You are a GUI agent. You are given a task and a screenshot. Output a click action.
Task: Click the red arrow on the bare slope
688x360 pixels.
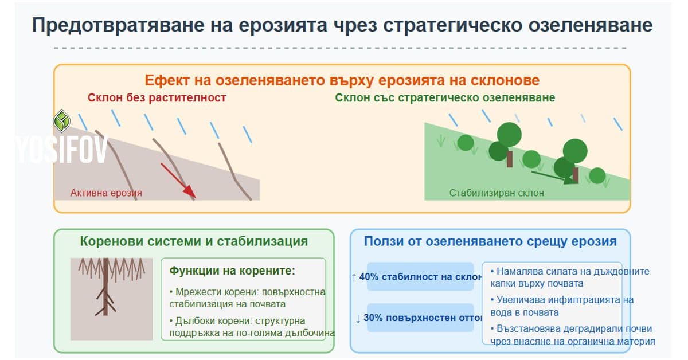tap(178, 181)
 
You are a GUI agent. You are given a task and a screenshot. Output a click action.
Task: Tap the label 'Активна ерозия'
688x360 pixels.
tap(106, 193)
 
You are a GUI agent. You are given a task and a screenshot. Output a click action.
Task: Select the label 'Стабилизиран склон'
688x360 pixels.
tap(497, 193)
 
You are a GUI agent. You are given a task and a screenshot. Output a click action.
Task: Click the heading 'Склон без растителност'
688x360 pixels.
tap(157, 98)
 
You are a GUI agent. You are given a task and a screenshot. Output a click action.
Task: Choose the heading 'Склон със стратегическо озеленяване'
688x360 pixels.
tap(445, 98)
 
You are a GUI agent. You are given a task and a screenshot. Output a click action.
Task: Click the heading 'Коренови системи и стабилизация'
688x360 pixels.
tap(194, 241)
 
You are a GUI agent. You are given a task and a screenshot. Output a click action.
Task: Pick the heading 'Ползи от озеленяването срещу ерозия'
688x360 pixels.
tap(490, 241)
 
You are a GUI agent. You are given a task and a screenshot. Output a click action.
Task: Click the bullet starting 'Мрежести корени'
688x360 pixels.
tap(248, 298)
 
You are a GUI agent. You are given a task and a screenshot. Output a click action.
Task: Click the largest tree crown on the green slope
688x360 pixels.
tap(509, 134)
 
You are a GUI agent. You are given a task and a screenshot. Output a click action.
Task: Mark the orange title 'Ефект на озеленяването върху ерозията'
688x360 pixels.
tap(342, 80)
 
